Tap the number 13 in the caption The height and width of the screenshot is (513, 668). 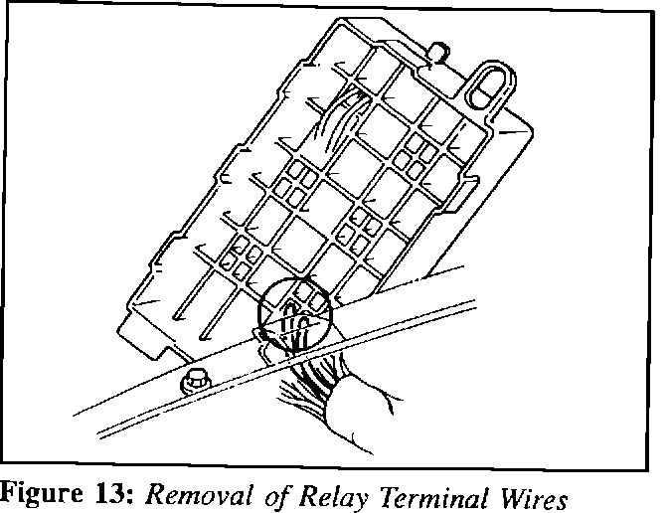109,492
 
